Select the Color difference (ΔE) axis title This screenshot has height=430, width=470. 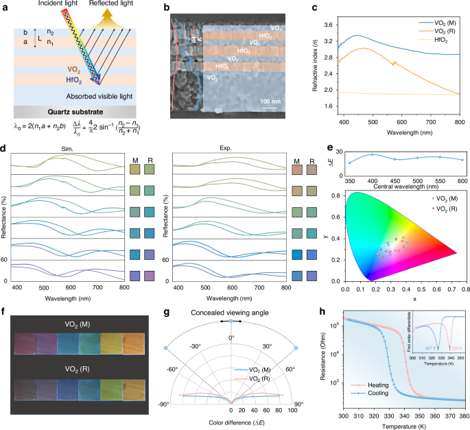231,420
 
